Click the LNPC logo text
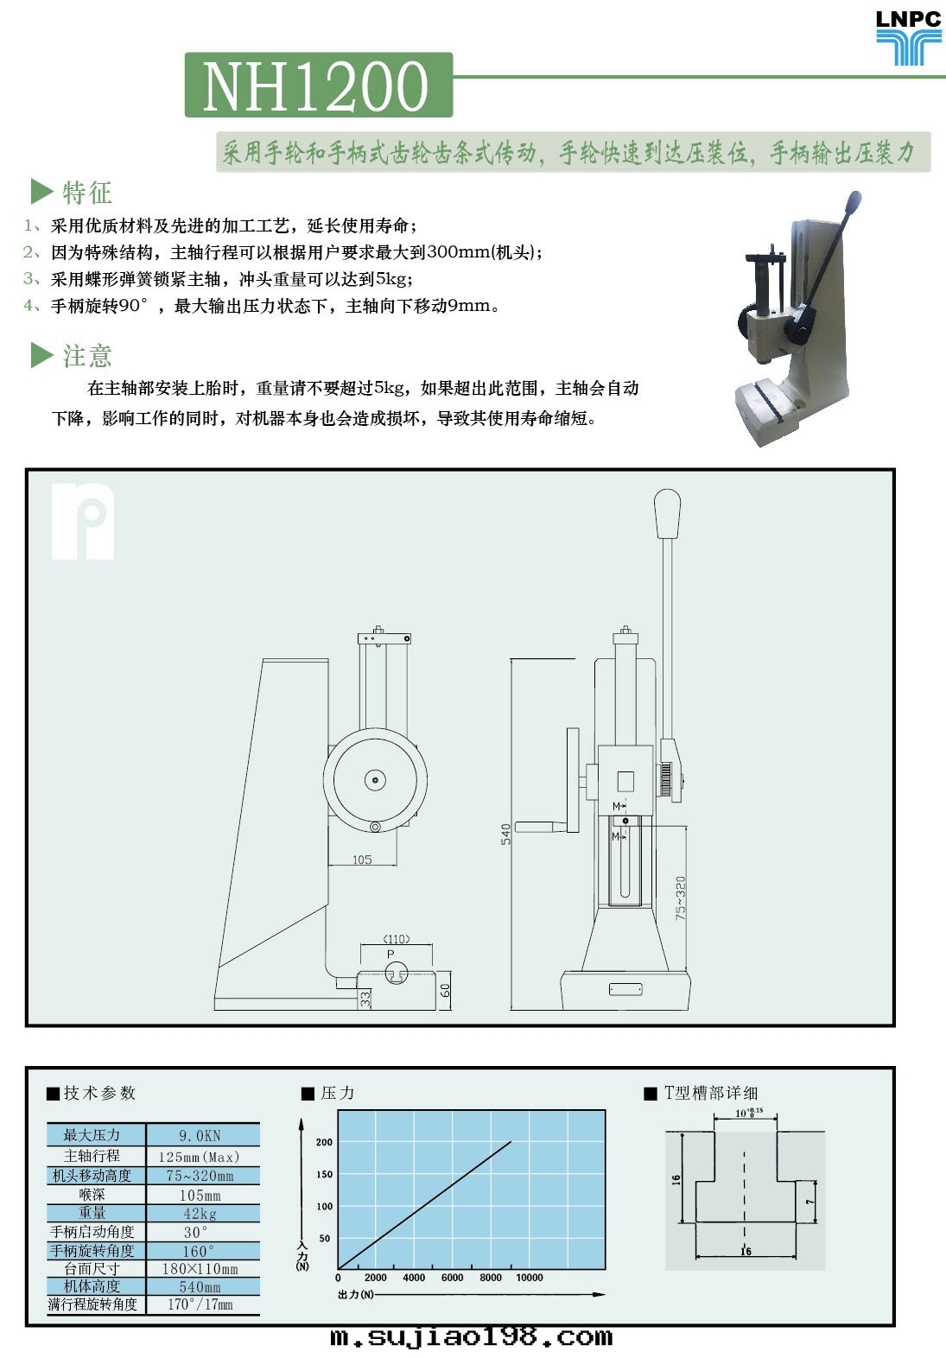click(x=908, y=19)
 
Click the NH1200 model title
click(x=315, y=86)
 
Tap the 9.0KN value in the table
click(x=200, y=1135)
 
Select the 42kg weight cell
click(x=200, y=1213)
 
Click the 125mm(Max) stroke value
click(x=199, y=1157)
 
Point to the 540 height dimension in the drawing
click(x=505, y=834)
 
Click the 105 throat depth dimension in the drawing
click(x=362, y=860)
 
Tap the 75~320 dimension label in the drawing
click(x=681, y=898)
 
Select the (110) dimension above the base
click(x=397, y=939)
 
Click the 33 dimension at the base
click(x=365, y=999)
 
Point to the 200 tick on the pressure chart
click(x=325, y=1142)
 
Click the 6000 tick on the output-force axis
click(x=453, y=1278)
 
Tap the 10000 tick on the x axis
click(x=530, y=1278)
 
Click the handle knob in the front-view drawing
click(x=667, y=513)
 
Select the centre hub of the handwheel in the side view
click(x=375, y=780)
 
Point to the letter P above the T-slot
click(x=390, y=955)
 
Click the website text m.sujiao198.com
click(x=471, y=1336)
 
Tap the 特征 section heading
click(x=86, y=193)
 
